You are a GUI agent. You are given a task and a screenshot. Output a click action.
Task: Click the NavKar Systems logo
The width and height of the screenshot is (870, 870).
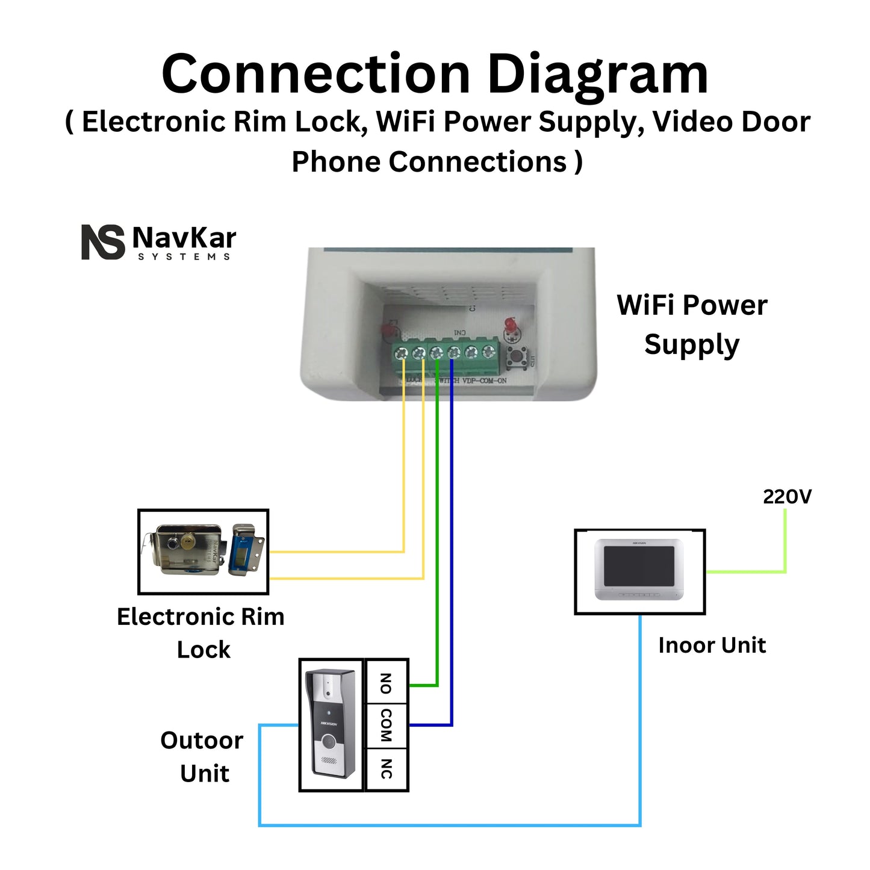pyautogui.click(x=158, y=242)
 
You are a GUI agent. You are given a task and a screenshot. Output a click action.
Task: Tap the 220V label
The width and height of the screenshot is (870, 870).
pyautogui.click(x=787, y=497)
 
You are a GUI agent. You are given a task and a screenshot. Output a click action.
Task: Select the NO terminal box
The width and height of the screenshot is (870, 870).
pyautogui.click(x=387, y=682)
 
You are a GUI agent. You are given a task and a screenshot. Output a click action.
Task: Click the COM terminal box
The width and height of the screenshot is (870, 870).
pyautogui.click(x=387, y=726)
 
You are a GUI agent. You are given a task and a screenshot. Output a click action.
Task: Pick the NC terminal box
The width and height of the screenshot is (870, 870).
pyautogui.click(x=387, y=769)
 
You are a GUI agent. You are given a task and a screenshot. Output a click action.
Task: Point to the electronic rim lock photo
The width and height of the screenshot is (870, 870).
pyautogui.click(x=203, y=551)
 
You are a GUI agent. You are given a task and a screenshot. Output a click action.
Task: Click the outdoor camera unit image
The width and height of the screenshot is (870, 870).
pyautogui.click(x=331, y=724)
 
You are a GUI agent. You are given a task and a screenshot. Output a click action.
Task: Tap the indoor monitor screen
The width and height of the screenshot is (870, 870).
pyautogui.click(x=639, y=565)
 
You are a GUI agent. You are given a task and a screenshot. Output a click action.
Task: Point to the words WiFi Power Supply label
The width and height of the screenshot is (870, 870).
pyautogui.click(x=692, y=325)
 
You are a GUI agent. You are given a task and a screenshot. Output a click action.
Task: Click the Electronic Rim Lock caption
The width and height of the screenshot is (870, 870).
pyautogui.click(x=201, y=633)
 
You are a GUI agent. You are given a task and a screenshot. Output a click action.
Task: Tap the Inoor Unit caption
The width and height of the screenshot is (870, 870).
pyautogui.click(x=712, y=645)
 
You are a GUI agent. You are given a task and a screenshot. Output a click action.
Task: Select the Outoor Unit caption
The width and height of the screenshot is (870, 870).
pyautogui.click(x=202, y=756)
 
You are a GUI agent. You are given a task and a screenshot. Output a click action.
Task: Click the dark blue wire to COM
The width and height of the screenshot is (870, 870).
pyautogui.click(x=451, y=542)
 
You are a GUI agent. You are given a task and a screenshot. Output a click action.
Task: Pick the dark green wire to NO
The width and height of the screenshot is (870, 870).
pyautogui.click(x=437, y=542)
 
